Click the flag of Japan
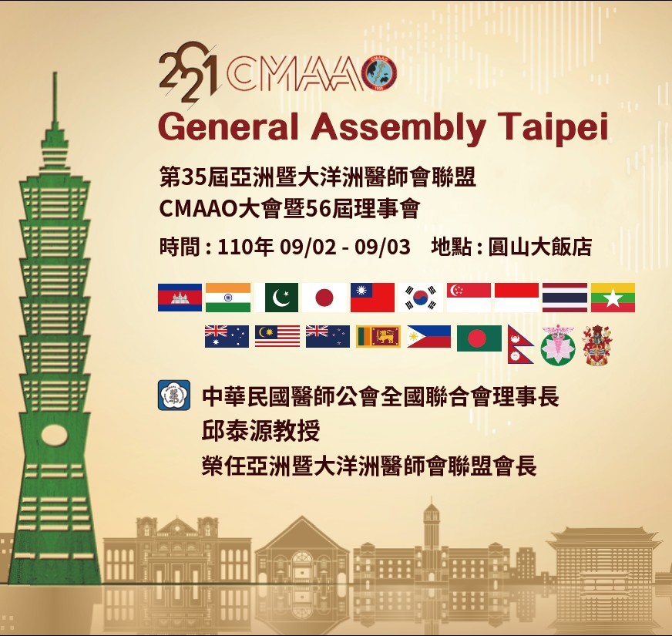coord(324,298)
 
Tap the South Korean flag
coord(421,298)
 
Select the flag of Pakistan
coord(281,298)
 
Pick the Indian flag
coord(228,298)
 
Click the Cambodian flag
coord(180,298)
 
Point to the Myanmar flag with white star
coord(613,298)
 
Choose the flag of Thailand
coord(565,298)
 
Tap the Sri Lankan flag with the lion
coord(378,337)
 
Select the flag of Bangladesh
coord(479,338)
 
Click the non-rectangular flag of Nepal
coord(519,344)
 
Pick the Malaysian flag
coord(277,337)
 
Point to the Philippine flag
coord(428,337)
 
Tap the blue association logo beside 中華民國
coord(173,396)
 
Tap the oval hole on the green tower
coord(54,436)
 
